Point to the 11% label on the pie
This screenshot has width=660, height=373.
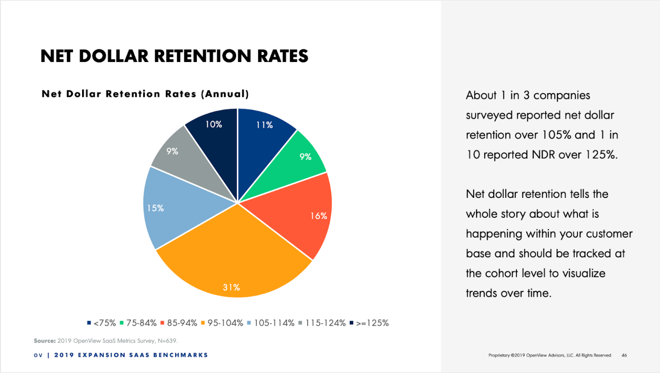pos(264,125)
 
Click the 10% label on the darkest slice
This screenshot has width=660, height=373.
pos(214,125)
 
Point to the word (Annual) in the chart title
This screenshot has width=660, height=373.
pos(225,94)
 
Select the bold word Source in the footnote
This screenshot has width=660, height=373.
pos(44,341)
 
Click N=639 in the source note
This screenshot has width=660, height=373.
pos(167,341)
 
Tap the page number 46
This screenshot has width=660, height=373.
pos(624,355)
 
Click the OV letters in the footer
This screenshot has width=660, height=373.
pos(38,355)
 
